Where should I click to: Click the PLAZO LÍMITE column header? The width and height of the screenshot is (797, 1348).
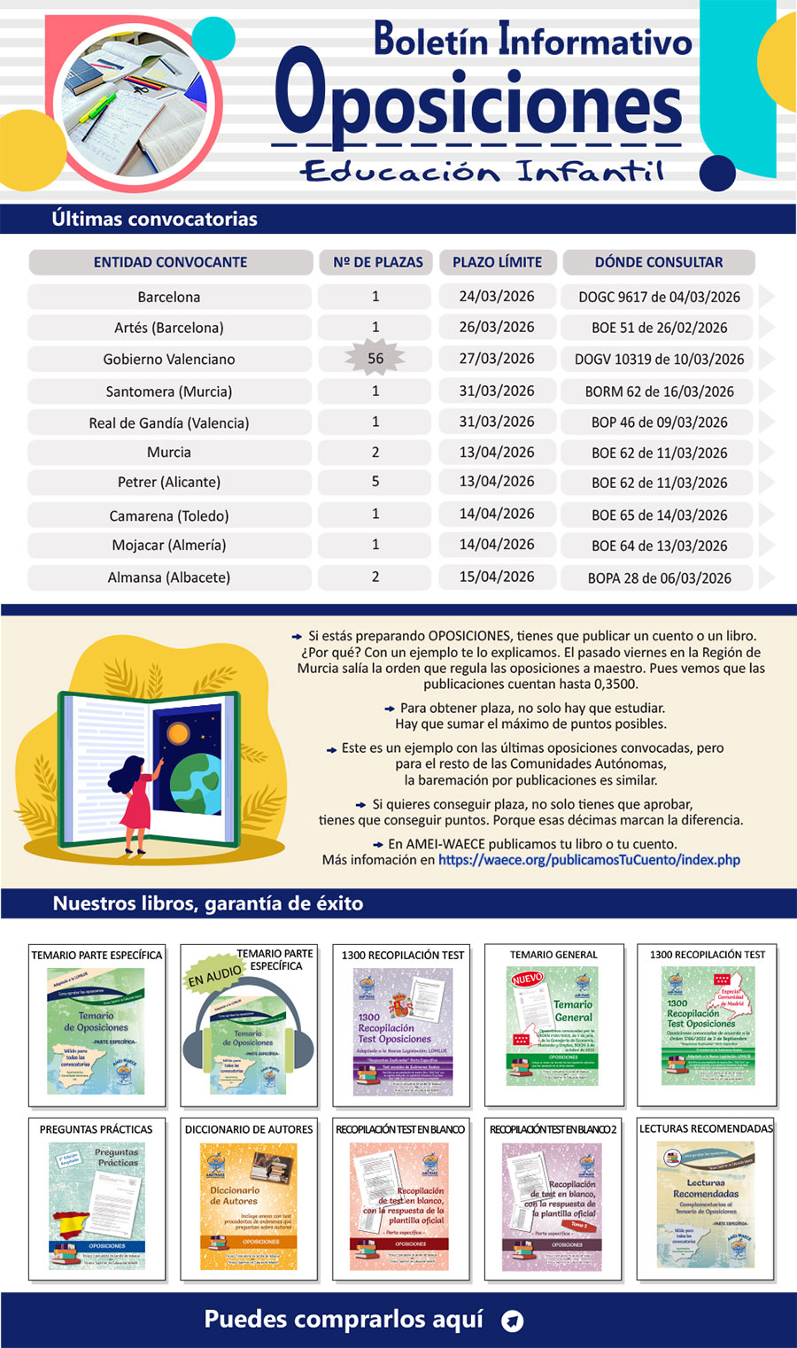[x=497, y=262]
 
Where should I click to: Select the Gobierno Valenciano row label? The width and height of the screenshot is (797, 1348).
[x=169, y=359]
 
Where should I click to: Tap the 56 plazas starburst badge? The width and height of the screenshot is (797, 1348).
[x=375, y=358]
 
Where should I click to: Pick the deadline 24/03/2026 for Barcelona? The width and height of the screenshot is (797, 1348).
[x=497, y=296]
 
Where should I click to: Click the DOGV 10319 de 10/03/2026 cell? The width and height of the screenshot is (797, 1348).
[x=659, y=359]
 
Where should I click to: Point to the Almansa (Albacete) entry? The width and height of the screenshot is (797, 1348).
[x=169, y=577]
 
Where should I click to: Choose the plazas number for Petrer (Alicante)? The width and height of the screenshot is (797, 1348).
[x=375, y=482]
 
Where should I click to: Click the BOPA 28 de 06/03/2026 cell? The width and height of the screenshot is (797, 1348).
[x=659, y=578]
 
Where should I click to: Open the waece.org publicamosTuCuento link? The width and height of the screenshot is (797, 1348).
[x=589, y=860]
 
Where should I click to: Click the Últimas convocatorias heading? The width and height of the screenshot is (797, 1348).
[x=155, y=219]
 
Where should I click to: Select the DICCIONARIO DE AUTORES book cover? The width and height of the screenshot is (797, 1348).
[x=249, y=1205]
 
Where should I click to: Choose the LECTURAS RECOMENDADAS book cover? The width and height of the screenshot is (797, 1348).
[x=706, y=1205]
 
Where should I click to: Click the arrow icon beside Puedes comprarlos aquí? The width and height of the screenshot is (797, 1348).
[x=512, y=1321]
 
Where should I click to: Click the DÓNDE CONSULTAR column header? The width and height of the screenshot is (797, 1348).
[x=659, y=262]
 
